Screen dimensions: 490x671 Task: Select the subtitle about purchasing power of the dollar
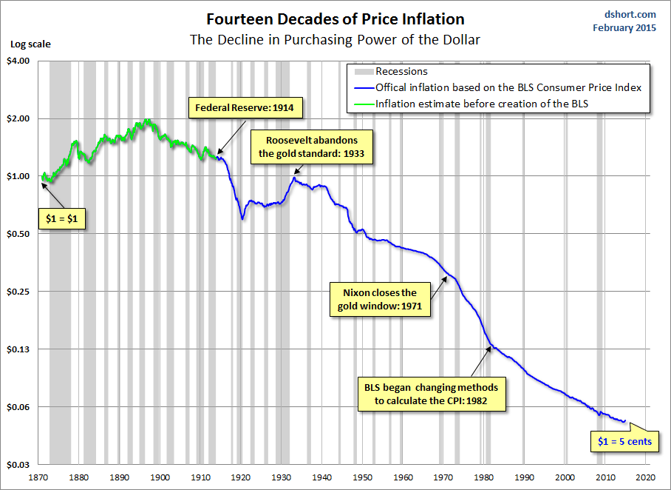coord(335,39)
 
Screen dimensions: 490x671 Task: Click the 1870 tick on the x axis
coord(40,477)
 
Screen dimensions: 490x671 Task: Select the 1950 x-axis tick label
coord(363,477)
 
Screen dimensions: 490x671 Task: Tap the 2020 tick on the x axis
coord(646,477)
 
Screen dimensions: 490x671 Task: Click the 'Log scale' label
coord(30,44)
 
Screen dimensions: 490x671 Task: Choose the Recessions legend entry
coord(401,72)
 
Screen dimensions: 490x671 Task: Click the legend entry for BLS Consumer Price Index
coord(508,87)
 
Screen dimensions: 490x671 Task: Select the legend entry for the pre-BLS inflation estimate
coord(482,104)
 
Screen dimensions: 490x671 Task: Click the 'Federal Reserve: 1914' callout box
coord(245,108)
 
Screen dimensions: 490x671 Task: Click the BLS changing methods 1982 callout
coord(432,395)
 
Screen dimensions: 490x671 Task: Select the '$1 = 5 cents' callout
coord(624,442)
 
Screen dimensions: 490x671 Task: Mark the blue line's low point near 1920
coord(242,219)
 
